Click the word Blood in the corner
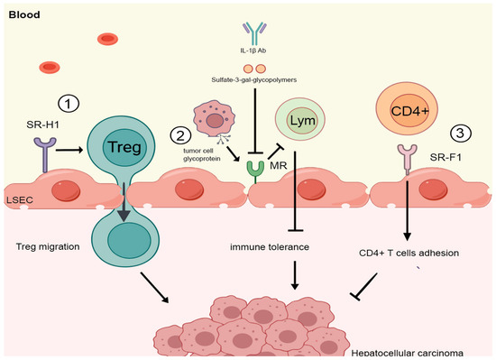click(x=24, y=14)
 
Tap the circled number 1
click(x=69, y=103)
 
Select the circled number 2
click(x=180, y=135)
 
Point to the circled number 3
click(x=461, y=134)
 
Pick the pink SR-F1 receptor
click(x=407, y=159)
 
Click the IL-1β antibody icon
click(x=254, y=33)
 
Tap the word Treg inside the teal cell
click(x=124, y=147)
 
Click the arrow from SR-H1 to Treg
click(x=69, y=150)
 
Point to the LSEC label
click(x=20, y=200)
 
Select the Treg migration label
click(x=48, y=246)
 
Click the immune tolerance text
click(x=270, y=246)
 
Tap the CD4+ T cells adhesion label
click(x=409, y=253)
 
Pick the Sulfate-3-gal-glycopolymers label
click(x=254, y=79)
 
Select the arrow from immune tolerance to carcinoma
click(x=295, y=275)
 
